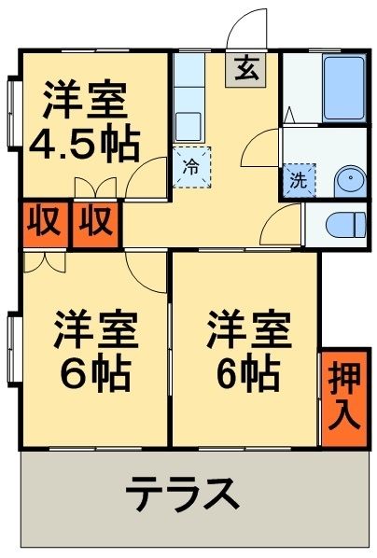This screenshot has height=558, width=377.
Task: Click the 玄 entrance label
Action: [245, 69]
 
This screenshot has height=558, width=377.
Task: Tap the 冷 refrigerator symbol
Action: [191, 168]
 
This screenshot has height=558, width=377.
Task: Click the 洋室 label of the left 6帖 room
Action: [95, 330]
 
